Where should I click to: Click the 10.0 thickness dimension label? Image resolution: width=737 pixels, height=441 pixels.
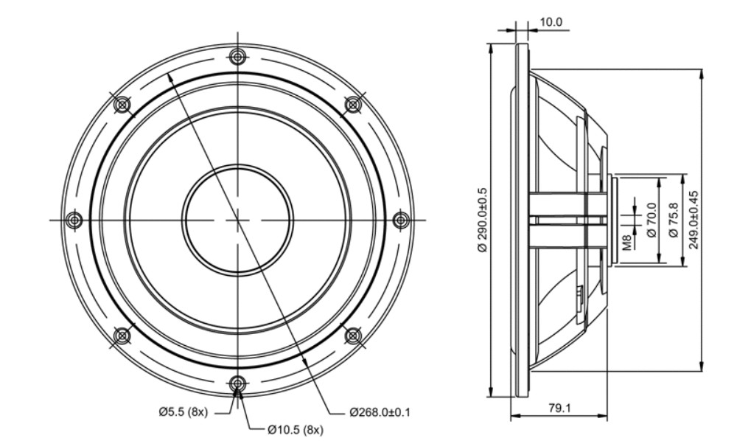click(x=551, y=22)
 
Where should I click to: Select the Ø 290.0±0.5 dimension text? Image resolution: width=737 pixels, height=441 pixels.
click(x=483, y=220)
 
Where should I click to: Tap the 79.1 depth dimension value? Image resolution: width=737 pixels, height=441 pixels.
click(x=559, y=408)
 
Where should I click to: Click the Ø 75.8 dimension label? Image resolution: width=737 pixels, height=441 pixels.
click(x=673, y=220)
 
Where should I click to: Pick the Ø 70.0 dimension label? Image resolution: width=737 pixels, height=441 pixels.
click(x=652, y=220)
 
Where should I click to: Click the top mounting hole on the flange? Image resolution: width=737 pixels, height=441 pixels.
click(x=237, y=57)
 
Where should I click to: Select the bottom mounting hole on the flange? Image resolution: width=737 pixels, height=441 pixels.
click(x=237, y=383)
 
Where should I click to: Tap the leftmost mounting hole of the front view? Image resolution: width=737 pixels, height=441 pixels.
click(x=74, y=220)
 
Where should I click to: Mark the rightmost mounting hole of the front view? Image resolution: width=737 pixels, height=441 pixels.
click(x=400, y=220)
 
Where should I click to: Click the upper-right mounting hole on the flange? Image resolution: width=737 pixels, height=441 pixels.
click(x=352, y=105)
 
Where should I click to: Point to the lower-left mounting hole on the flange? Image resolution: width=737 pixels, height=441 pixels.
click(x=122, y=336)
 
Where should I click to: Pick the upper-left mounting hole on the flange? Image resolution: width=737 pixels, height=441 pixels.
click(x=122, y=105)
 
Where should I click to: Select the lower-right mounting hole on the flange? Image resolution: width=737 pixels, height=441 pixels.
click(x=352, y=336)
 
